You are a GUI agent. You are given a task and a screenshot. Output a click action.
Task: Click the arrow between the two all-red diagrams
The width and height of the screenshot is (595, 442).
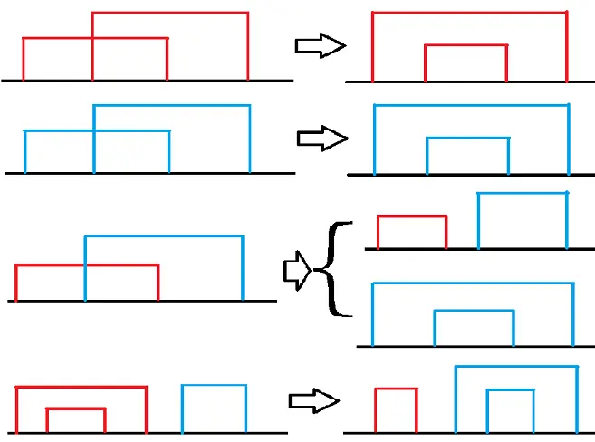coord(321,47)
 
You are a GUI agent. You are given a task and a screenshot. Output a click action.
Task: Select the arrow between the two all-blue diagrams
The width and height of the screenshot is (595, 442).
coord(322,139)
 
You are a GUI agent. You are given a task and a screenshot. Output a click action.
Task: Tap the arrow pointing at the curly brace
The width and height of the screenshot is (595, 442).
coord(297,271)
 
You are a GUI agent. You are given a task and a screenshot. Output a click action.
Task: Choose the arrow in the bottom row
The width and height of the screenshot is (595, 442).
coord(312,401)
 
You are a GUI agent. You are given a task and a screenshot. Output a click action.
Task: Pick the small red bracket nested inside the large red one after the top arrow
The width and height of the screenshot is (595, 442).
coord(465,46)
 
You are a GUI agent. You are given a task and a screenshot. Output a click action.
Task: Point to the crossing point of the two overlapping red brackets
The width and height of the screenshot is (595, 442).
coord(92,38)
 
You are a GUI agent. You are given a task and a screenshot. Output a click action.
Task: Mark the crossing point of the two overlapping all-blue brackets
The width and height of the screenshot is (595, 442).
coord(93,131)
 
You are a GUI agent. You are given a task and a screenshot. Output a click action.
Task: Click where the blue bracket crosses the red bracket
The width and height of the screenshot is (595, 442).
coord(84,265)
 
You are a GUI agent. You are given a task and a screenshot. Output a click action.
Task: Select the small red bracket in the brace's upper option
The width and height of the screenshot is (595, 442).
coord(412,216)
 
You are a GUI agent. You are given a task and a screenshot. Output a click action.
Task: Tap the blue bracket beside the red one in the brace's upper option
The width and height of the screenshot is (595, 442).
coord(522,194)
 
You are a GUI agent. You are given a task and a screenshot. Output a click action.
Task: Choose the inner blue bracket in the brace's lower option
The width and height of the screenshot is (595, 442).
coord(474,312)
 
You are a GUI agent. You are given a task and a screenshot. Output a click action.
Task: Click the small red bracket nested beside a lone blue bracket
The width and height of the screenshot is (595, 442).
coord(76,409)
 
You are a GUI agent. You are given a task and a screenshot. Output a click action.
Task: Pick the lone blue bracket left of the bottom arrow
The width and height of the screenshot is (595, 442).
coord(214,386)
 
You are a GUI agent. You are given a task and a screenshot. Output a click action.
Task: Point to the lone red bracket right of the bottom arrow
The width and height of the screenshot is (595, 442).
coord(396,389)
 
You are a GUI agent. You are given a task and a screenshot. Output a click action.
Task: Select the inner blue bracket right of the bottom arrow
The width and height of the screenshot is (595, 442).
coord(508,391)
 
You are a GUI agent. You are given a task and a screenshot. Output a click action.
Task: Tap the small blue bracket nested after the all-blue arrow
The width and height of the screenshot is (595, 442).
coord(467,139)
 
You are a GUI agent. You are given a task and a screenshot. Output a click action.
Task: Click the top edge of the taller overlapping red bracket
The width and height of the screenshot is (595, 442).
coord(169,13)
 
